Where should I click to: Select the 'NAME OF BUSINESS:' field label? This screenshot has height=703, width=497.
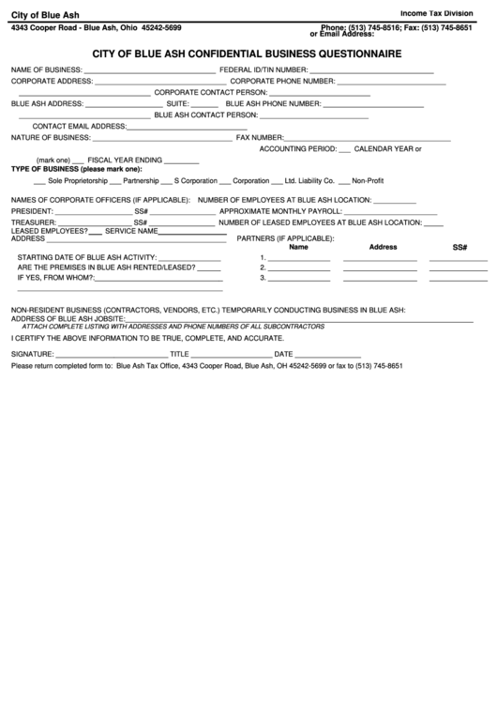[46, 70]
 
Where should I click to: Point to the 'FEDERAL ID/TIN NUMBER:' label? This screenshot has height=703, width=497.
[264, 70]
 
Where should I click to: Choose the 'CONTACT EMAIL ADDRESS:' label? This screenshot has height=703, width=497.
[79, 126]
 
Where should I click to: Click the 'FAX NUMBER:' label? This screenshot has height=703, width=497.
[260, 137]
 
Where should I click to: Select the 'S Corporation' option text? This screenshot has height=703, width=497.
[195, 179]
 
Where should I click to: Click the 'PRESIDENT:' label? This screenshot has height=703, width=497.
[32, 211]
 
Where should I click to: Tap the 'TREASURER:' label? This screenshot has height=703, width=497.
[33, 222]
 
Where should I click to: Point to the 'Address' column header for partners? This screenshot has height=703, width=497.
[383, 247]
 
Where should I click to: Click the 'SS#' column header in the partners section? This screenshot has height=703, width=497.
[459, 247]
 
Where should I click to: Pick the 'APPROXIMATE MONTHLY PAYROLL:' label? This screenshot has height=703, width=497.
[275, 211]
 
